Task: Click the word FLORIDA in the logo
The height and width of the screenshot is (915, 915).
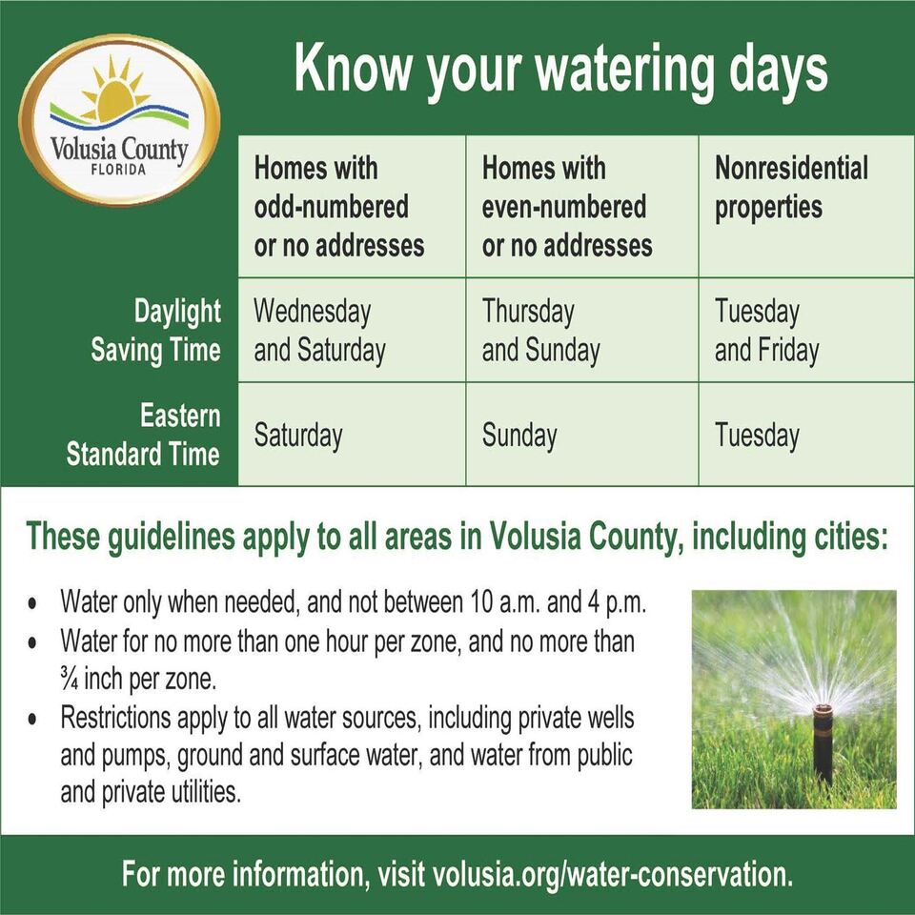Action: (118, 170)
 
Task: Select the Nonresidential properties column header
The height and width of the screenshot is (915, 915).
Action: (791, 188)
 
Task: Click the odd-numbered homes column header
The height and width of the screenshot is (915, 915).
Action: (339, 207)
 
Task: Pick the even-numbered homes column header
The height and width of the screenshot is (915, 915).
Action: (566, 207)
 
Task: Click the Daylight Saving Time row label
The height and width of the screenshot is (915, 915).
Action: (155, 331)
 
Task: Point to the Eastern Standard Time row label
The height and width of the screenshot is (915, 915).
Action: (144, 435)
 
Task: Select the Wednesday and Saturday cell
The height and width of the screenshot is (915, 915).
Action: (319, 331)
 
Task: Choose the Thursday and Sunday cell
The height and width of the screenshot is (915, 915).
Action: (540, 331)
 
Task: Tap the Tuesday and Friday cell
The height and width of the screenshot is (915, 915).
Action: (766, 331)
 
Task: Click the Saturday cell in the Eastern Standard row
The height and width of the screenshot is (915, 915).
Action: (298, 436)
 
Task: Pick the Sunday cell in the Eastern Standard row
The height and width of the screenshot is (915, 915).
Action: (519, 436)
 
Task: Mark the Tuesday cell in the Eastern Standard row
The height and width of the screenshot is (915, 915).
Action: (757, 436)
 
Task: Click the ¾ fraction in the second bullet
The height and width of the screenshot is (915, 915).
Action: (69, 680)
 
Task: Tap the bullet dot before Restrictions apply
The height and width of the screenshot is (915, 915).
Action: (32, 719)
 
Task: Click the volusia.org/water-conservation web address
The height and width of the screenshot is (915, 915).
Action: (613, 874)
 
